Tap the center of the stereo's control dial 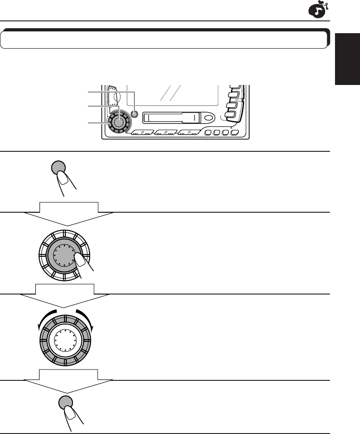point(119,122)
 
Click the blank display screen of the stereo point(173,95)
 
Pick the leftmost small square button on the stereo point(208,134)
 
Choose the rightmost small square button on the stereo point(235,134)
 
